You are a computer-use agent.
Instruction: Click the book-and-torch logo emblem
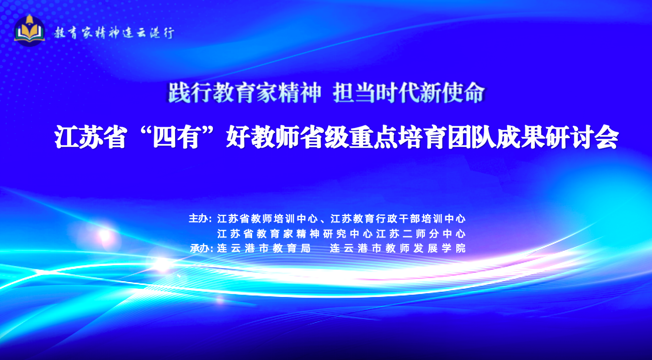tap(29, 31)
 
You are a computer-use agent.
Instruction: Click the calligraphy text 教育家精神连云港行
tap(114, 33)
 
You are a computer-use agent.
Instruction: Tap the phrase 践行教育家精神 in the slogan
tap(244, 93)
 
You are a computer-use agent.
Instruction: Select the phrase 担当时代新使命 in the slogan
tap(409, 93)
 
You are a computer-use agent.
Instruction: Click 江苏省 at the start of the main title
tap(91, 137)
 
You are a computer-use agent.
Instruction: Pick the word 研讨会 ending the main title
tap(582, 137)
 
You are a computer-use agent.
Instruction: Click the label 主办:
tap(200, 219)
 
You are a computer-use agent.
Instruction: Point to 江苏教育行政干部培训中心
tap(398, 219)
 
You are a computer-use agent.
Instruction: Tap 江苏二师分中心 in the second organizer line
tap(421, 233)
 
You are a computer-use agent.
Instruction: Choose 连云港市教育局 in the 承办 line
tap(264, 248)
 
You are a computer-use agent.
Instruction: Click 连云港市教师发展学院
tap(398, 248)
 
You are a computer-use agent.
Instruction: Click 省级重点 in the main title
tap(349, 137)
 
